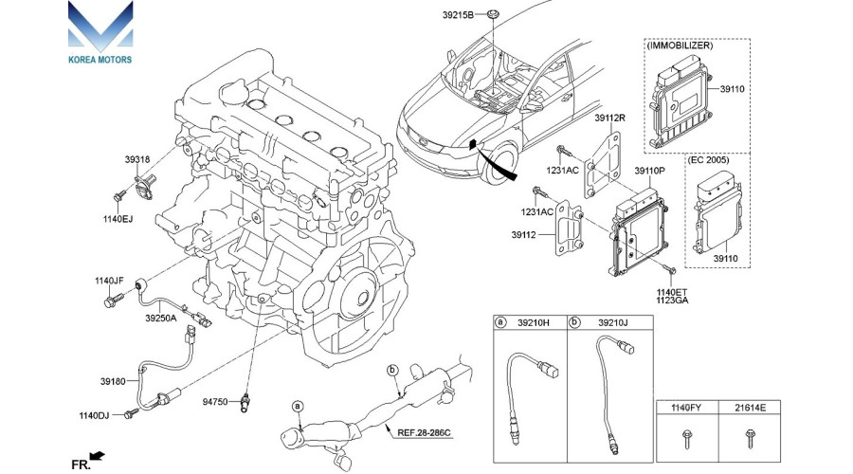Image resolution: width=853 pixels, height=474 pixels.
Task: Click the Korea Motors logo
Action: [x=100, y=33]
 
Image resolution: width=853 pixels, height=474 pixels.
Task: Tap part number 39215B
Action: [x=459, y=16]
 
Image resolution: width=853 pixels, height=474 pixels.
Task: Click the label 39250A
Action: [x=161, y=319]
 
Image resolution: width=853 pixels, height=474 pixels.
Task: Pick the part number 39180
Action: [x=112, y=380]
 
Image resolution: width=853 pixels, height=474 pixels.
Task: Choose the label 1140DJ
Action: [x=95, y=415]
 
